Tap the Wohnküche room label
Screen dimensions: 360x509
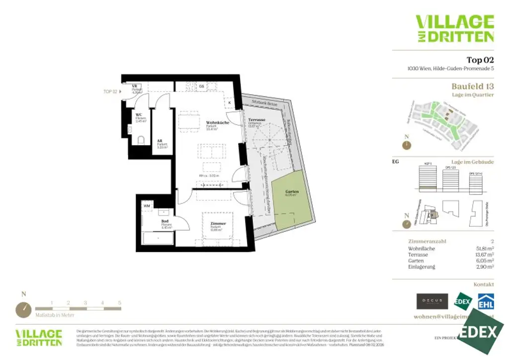click(218, 123)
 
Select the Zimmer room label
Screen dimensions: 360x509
click(218, 224)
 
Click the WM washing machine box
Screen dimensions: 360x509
click(147, 205)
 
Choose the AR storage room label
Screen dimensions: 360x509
click(160, 141)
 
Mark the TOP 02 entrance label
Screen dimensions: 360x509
click(110, 92)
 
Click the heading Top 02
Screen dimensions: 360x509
click(480, 60)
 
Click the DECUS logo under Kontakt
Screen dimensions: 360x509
click(431, 301)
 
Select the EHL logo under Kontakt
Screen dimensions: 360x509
click(486, 301)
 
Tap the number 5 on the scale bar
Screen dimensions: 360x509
click(119, 302)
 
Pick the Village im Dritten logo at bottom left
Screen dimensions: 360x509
click(39, 337)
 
